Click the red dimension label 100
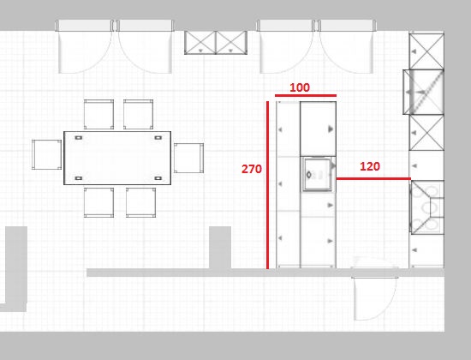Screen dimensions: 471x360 click(300, 87)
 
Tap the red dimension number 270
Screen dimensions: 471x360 click(252, 169)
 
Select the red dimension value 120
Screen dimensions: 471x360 click(370, 166)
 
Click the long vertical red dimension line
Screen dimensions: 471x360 click(267, 185)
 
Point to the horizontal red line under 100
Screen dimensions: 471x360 click(306, 96)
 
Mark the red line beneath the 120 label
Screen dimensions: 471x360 click(373, 178)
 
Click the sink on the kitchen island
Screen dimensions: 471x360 click(318, 174)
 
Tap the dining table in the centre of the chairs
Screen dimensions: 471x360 click(117, 158)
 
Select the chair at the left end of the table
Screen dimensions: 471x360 click(47, 154)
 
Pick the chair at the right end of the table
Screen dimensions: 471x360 click(188, 159)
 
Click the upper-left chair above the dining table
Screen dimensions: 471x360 click(98, 114)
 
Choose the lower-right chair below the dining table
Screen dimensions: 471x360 click(141, 202)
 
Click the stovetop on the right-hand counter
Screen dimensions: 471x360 click(427, 207)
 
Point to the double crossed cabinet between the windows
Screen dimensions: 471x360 click(216, 43)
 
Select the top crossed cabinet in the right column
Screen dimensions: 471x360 click(426, 51)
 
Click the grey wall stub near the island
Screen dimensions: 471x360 click(220, 248)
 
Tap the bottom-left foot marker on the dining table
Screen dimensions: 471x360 click(79, 178)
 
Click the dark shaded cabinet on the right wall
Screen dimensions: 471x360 click(424, 92)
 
